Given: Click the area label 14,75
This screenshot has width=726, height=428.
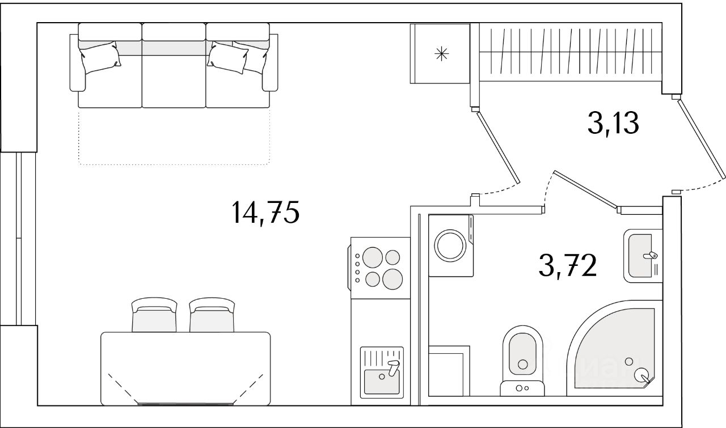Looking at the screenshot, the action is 264,213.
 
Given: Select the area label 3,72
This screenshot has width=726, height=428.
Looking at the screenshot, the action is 568,265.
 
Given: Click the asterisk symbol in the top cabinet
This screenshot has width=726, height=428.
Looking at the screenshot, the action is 441,54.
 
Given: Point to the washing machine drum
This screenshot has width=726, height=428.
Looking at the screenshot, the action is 450,245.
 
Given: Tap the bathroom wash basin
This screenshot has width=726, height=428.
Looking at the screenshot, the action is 643,255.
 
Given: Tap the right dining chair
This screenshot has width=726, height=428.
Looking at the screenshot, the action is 212,316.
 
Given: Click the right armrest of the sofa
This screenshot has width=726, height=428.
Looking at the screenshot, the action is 271,62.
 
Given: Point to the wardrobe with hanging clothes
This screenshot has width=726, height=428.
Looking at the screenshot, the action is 570,53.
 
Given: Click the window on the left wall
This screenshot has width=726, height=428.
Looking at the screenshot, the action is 19,238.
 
